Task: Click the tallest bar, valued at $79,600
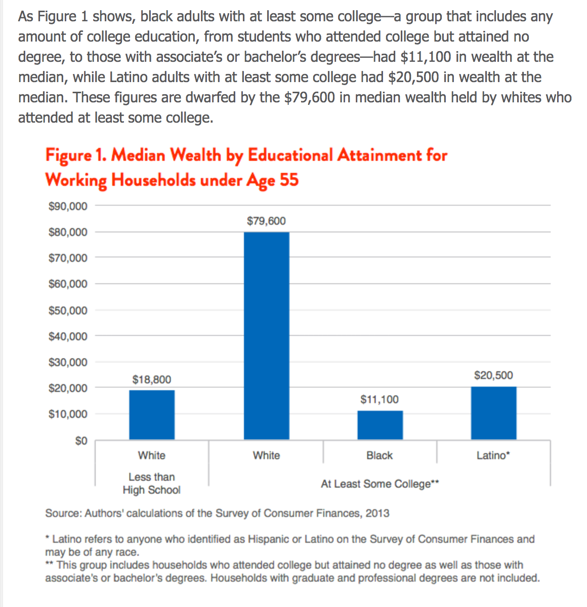pos(266,335)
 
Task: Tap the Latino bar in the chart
pos(493,412)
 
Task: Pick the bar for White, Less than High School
pos(152,414)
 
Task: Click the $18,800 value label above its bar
pos(152,380)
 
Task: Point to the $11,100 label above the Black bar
pos(380,399)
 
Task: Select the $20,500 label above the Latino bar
pos(493,375)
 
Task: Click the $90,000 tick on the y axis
pos(68,206)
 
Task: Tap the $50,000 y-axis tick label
pos(68,311)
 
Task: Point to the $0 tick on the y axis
pos(81,441)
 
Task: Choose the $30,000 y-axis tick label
pos(68,362)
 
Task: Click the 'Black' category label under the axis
pos(380,456)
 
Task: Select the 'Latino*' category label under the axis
pos(493,456)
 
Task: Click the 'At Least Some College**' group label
pos(380,484)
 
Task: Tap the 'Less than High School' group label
pos(152,483)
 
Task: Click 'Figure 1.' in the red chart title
pos(76,155)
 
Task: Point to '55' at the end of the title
pos(289,179)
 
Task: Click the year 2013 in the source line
pos(378,513)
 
